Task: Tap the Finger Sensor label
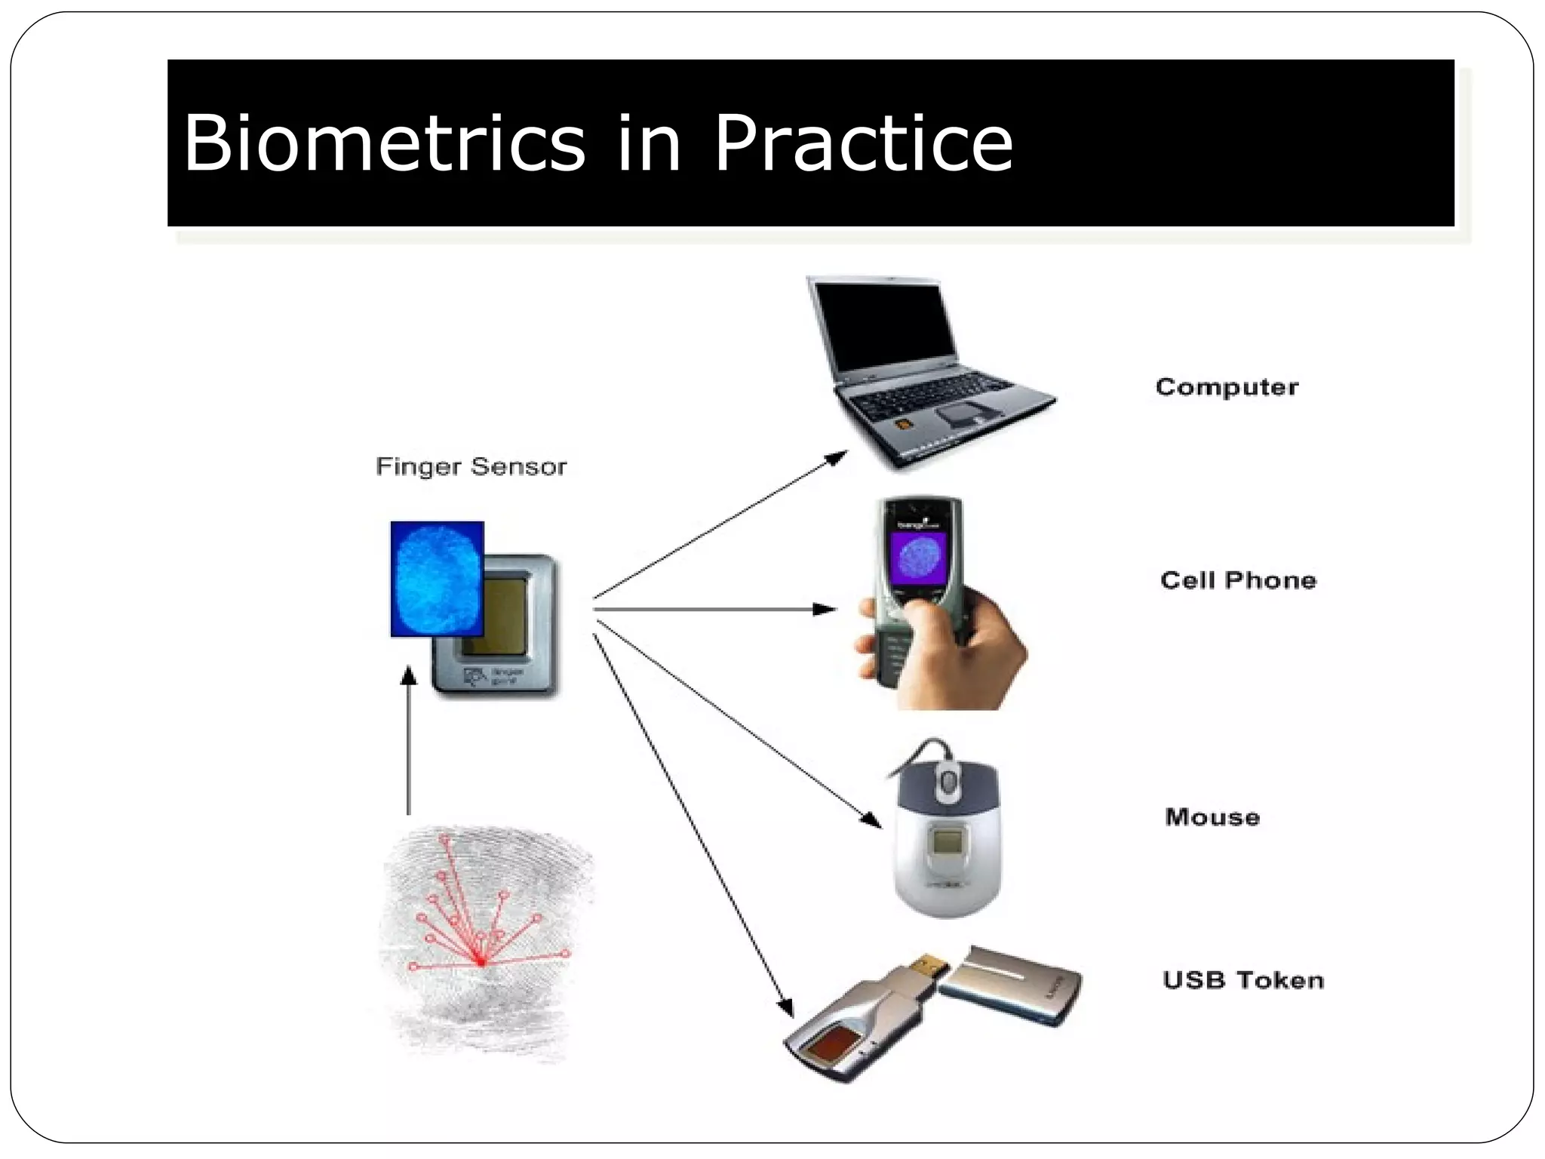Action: pyautogui.click(x=471, y=466)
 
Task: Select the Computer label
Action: pyautogui.click(x=1227, y=387)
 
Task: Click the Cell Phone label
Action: pyautogui.click(x=1237, y=579)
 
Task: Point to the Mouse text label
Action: pyautogui.click(x=1212, y=816)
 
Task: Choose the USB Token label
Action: pyautogui.click(x=1242, y=979)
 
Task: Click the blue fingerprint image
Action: pyautogui.click(x=437, y=578)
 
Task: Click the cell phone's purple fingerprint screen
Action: pyautogui.click(x=917, y=562)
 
